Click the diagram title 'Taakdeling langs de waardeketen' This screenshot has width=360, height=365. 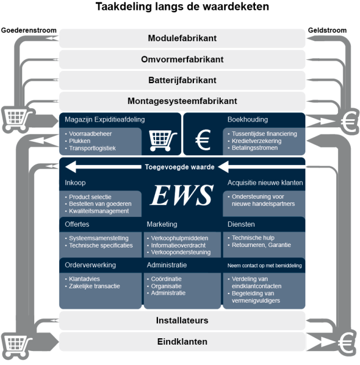click(x=182, y=8)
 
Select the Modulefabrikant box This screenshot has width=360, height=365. click(x=182, y=38)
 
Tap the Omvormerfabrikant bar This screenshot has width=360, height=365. click(x=182, y=59)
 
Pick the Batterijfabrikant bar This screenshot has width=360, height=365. click(x=182, y=80)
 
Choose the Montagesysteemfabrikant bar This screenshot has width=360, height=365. click(x=182, y=101)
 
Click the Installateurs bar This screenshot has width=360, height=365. click(x=182, y=320)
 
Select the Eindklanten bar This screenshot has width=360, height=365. click(x=182, y=341)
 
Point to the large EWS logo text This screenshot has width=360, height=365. click(x=182, y=196)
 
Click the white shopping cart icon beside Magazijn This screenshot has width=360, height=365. click(x=163, y=139)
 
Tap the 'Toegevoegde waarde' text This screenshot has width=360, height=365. click(x=179, y=167)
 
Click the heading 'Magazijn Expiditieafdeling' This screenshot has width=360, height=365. click(x=105, y=120)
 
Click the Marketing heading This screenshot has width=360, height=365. click(x=162, y=224)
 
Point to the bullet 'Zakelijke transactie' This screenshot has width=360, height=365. click(x=95, y=286)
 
